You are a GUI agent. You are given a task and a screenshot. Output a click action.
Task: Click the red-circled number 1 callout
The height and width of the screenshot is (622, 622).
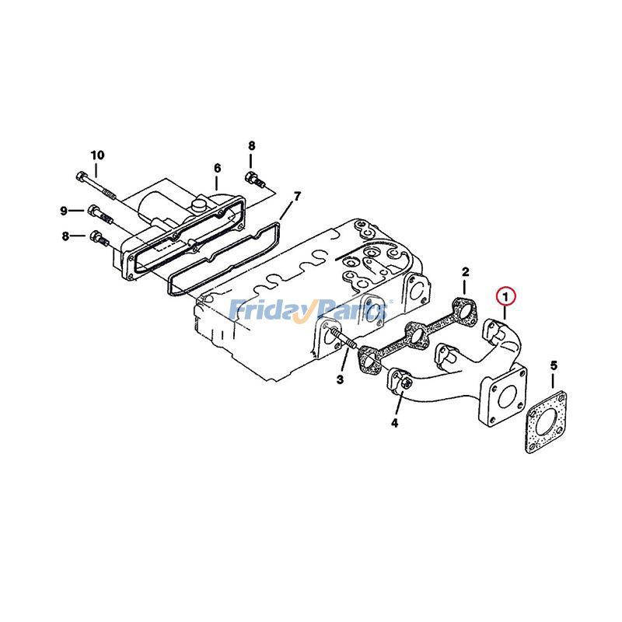[505, 295]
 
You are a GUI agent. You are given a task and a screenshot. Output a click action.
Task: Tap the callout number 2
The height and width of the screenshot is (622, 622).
[465, 272]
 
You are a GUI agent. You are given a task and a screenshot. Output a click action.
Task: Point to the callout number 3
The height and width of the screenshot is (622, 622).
[340, 379]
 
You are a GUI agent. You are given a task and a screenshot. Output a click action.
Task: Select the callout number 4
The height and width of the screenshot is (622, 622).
[394, 424]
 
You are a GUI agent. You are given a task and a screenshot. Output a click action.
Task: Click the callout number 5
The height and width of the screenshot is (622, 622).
[554, 365]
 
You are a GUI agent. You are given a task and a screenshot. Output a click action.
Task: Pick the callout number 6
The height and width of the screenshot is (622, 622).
[217, 168]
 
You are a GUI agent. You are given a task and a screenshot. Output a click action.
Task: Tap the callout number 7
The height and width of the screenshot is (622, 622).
[297, 196]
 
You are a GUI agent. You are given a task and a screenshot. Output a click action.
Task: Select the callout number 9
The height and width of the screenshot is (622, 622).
[64, 210]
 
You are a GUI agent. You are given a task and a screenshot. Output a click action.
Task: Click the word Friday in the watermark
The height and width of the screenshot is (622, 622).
[267, 312]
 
